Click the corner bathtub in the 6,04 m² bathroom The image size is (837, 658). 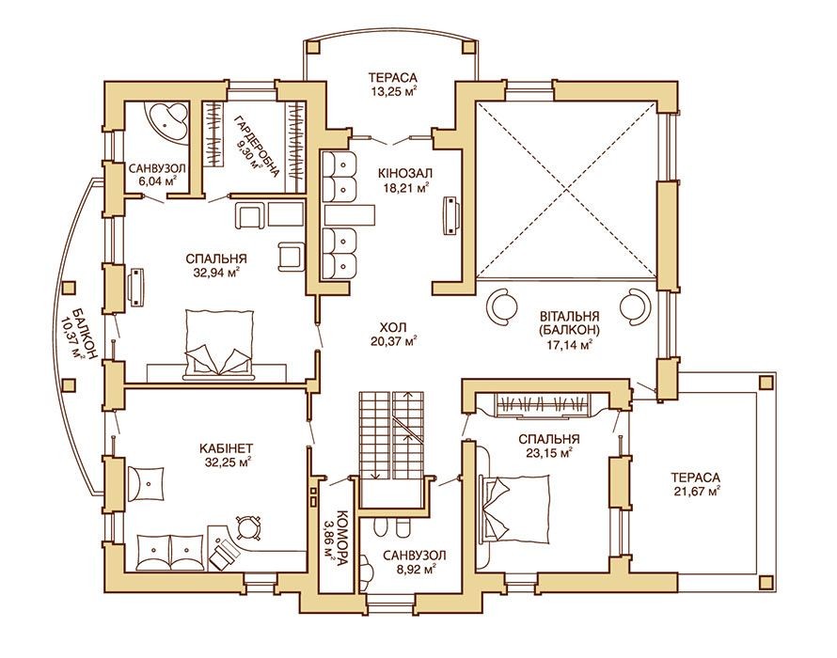(x=166, y=121)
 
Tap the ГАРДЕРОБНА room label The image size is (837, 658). (x=259, y=144)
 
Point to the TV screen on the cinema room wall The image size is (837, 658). (x=451, y=215)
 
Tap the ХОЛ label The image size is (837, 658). (x=393, y=327)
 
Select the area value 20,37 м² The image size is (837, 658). (x=393, y=340)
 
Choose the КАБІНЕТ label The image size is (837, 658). (x=228, y=447)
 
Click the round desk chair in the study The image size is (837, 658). (x=247, y=527)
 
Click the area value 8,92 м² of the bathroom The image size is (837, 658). (x=414, y=570)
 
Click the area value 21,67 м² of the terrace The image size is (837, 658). (x=696, y=490)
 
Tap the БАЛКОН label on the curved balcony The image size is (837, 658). (x=85, y=333)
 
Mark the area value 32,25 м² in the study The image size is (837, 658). (x=228, y=462)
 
